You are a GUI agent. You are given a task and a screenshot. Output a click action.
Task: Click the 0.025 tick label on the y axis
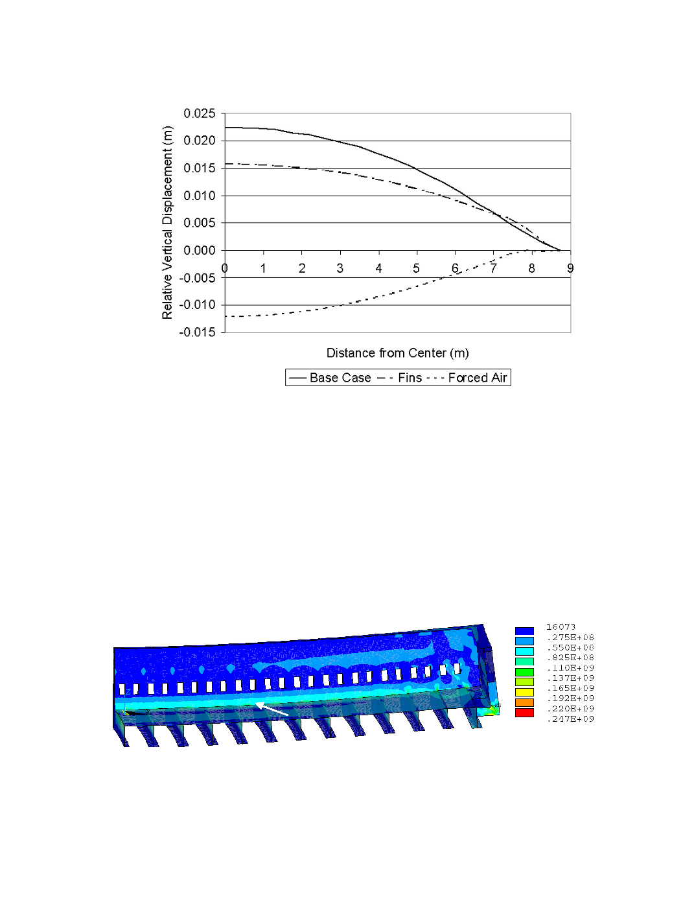199,113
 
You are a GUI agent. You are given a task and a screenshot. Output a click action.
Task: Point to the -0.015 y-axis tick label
197,332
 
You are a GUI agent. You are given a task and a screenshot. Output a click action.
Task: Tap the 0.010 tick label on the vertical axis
199,196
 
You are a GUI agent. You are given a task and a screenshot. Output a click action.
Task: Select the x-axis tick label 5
416,268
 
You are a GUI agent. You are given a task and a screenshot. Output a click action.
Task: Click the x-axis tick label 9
570,268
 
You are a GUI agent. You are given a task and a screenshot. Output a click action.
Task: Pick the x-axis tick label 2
302,268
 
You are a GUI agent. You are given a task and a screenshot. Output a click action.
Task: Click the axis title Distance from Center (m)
398,353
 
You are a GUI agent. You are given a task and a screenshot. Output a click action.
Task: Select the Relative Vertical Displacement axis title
167,222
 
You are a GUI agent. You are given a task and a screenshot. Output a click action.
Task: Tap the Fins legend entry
399,378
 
